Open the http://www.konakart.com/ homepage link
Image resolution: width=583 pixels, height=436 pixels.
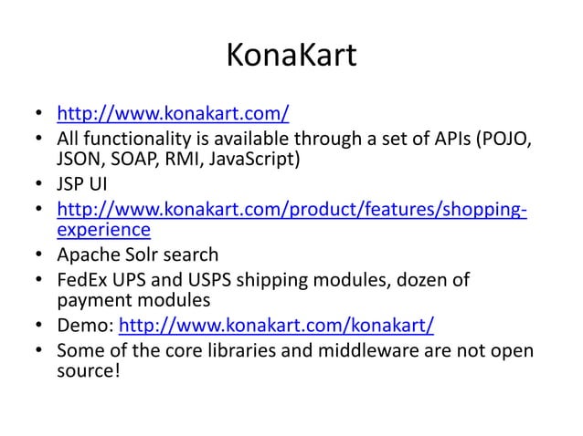(x=173, y=115)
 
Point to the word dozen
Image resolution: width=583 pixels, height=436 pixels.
(x=418, y=279)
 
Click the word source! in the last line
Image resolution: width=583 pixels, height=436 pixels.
(x=89, y=372)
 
